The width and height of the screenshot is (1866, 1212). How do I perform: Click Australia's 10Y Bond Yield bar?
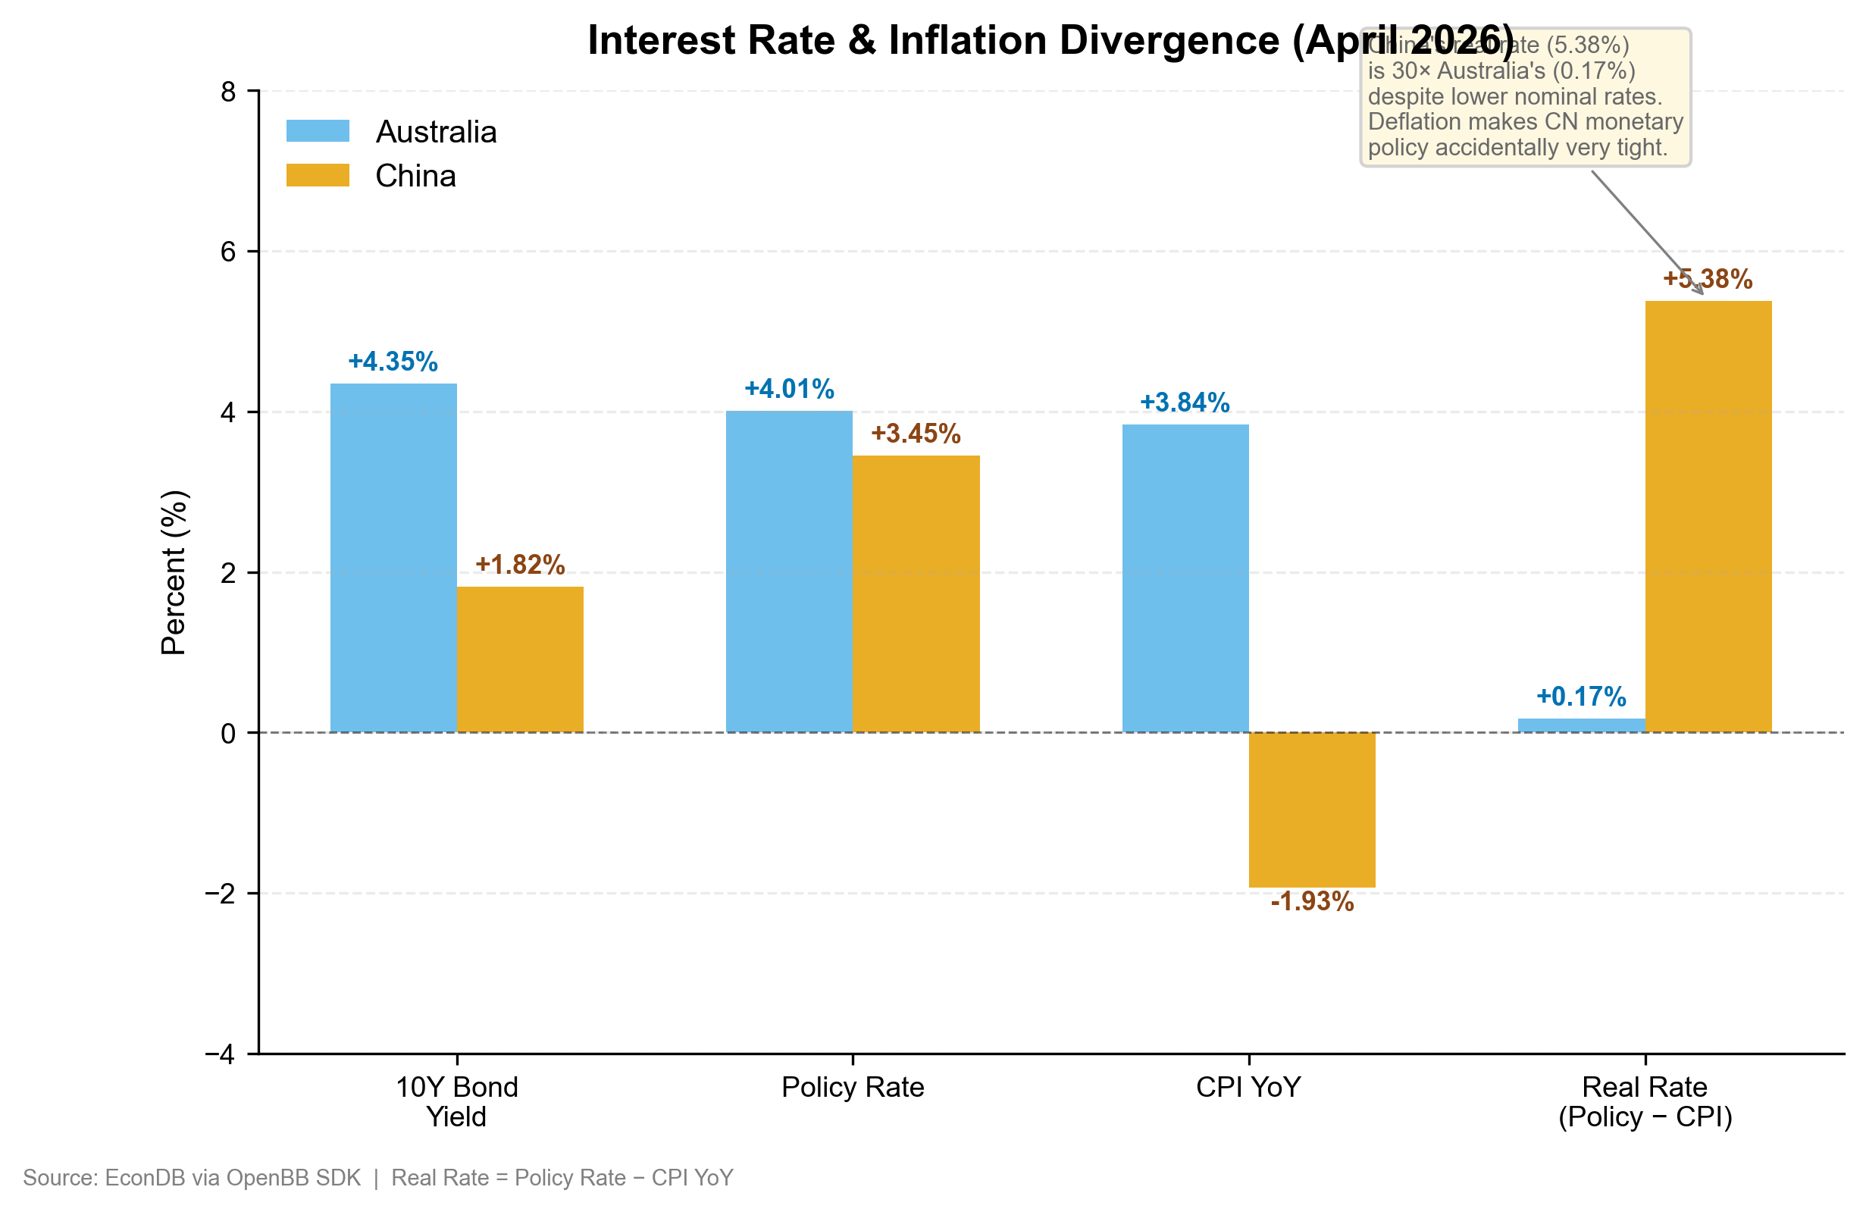coord(393,557)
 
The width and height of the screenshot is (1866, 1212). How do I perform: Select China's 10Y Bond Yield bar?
coord(520,659)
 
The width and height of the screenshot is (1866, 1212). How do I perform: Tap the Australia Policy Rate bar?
coord(789,572)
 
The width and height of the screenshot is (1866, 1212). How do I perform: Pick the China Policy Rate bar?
coord(916,593)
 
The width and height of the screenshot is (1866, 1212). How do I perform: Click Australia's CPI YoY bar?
coord(1185,578)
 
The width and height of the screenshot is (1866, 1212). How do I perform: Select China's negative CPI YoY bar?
coord(1312,809)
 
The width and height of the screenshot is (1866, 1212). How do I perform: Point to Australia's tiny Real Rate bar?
coord(1580,725)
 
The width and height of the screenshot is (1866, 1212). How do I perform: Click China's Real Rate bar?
coord(1708,517)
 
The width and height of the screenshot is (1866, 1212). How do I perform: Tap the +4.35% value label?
coord(393,362)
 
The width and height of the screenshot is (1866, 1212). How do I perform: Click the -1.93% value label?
coord(1312,901)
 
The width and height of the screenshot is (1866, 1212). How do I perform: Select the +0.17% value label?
coord(1580,696)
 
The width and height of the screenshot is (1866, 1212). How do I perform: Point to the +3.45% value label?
coord(916,434)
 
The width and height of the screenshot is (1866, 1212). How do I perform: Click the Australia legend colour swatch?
coord(318,131)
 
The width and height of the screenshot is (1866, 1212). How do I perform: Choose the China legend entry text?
coord(415,176)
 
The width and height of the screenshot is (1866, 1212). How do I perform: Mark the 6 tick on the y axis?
coord(228,252)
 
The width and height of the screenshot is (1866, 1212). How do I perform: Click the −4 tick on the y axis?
coord(221,1054)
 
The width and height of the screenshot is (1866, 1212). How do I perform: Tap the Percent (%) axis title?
coord(174,572)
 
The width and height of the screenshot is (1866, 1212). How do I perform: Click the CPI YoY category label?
coord(1248,1088)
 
